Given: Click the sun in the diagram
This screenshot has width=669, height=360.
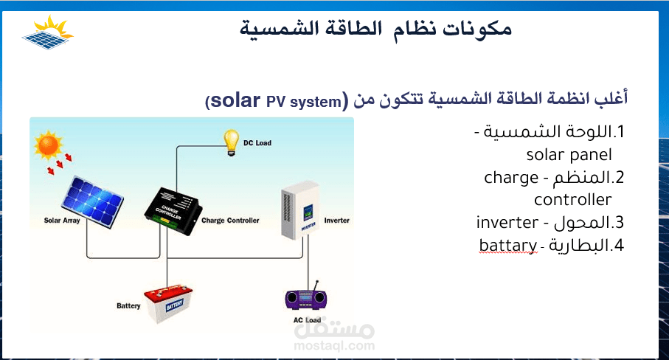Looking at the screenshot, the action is (48, 145).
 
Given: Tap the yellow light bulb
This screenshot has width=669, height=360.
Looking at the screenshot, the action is (231, 142).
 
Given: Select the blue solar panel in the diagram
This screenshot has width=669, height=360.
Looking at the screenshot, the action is (93, 201).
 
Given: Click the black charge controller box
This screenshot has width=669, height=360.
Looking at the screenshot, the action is (173, 211).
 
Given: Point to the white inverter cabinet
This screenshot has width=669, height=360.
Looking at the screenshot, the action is (300, 210).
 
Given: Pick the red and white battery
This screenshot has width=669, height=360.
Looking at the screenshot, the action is (168, 304).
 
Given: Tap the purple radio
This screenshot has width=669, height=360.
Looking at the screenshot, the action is (306, 297).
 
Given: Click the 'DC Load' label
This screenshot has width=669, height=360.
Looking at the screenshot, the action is (257, 143).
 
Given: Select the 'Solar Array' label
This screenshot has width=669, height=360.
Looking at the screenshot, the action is (62, 221).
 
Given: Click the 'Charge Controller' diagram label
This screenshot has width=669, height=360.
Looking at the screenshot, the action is (230, 221).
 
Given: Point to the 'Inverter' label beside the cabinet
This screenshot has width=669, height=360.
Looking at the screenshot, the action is (336, 221).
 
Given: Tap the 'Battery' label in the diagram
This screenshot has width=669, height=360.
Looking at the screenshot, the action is (128, 306).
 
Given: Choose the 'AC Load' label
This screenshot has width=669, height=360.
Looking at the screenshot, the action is (307, 320).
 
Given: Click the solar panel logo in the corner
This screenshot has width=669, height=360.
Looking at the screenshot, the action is (48, 32).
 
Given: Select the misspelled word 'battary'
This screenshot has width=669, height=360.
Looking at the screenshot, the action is (507, 245).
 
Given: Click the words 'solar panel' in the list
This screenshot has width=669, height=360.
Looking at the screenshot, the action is (569, 154).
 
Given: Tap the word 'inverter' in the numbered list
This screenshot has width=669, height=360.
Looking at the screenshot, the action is (507, 222).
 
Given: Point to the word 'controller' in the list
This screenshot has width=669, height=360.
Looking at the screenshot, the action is (572, 200).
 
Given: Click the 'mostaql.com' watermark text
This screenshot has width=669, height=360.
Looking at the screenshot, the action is (334, 346).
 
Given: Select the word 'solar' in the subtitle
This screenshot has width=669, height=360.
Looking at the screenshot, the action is (235, 100).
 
